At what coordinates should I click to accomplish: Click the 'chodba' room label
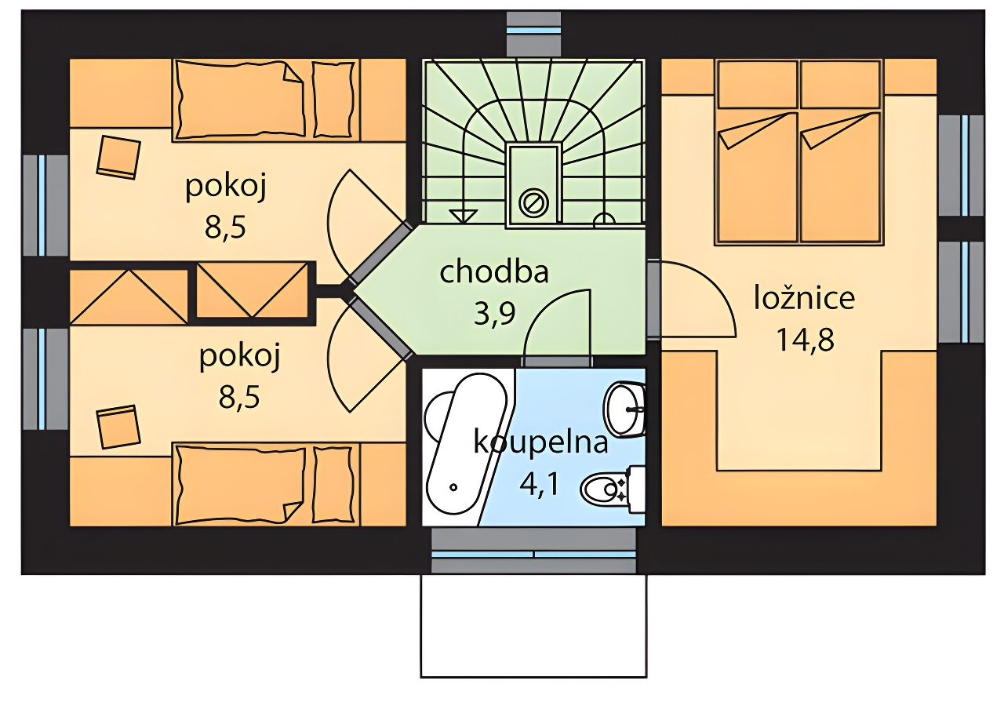[x=494, y=272]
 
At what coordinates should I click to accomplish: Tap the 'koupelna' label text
[x=540, y=442]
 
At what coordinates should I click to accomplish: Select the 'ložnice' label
[x=804, y=299]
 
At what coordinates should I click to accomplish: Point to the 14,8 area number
[x=805, y=340]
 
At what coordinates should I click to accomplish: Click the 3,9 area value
[x=494, y=315]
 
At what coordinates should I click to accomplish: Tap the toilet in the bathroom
[x=613, y=489]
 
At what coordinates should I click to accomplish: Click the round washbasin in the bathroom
[x=626, y=409]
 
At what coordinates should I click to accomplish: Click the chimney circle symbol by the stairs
[x=533, y=203]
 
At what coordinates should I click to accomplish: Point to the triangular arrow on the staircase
[x=463, y=216]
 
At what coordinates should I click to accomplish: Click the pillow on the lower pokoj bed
[x=333, y=484]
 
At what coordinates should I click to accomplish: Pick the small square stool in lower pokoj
[x=118, y=428]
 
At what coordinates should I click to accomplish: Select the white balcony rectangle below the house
[x=533, y=626]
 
